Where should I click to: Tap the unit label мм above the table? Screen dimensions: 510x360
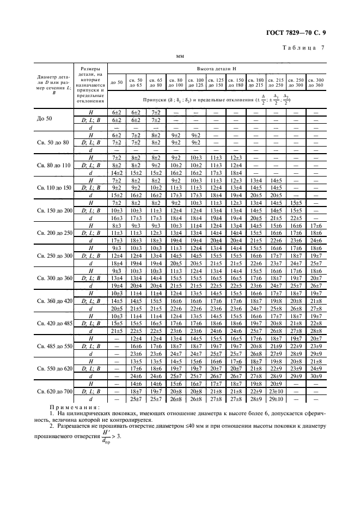[180, 57]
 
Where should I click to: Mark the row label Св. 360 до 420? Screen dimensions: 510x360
[54, 300]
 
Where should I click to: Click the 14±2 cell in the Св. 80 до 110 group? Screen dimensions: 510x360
[117, 172]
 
